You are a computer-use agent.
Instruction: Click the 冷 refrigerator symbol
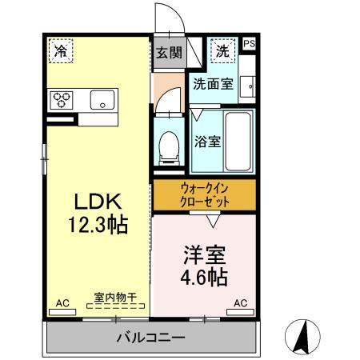point(60,50)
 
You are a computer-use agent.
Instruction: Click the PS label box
point(249,44)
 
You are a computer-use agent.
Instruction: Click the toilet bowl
point(169,146)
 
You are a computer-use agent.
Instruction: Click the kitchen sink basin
point(102,100)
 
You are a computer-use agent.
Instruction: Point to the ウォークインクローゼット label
point(205,195)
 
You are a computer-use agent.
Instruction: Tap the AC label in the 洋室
point(240,303)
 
